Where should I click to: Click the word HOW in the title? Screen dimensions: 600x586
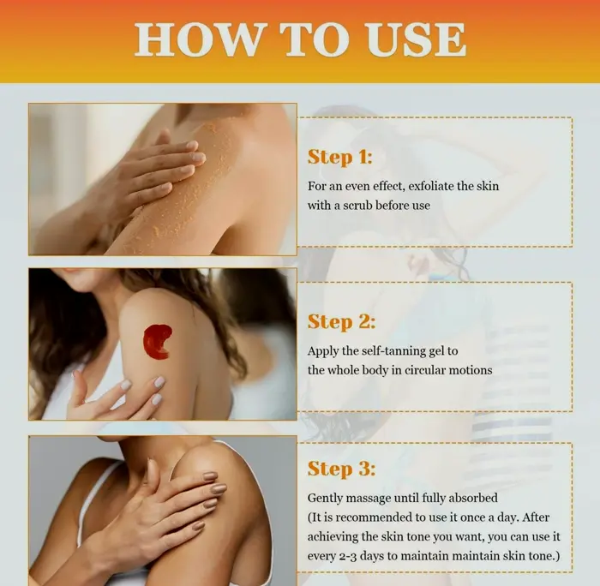[197, 39]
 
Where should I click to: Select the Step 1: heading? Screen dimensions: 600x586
[339, 158]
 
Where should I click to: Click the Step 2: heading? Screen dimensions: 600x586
[341, 322]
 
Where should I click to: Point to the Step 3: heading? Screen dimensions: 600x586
[341, 469]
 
